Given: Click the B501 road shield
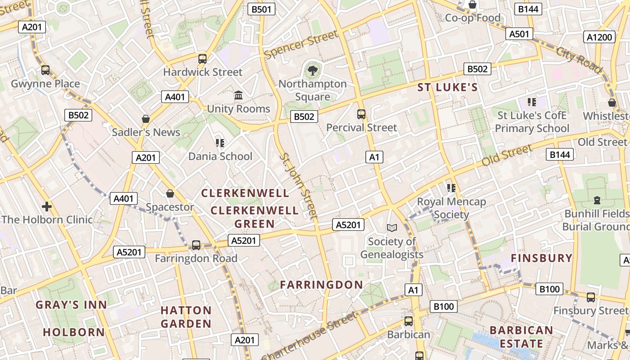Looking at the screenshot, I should click(261, 9).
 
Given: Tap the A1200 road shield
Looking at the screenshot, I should click(600, 37).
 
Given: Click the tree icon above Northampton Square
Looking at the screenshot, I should click(312, 70).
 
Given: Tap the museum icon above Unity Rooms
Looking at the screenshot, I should click(238, 95).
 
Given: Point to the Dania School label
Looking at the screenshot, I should click(220, 156).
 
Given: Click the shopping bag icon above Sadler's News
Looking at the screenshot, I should click(145, 119).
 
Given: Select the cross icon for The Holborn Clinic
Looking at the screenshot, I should click(46, 207).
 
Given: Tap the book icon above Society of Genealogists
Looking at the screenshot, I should click(392, 228).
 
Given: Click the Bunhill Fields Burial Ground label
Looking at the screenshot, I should click(596, 220).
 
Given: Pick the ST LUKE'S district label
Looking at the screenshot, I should click(447, 87).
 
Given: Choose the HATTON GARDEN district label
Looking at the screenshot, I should click(186, 317).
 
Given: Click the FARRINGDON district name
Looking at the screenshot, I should click(321, 284).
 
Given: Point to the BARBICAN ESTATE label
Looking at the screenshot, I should click(521, 337).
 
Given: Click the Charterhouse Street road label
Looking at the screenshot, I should click(310, 335).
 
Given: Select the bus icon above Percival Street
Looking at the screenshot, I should click(361, 114).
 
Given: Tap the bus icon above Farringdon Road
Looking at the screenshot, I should click(196, 245).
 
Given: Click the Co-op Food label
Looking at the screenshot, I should click(472, 18).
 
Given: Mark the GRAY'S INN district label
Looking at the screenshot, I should click(72, 305).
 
